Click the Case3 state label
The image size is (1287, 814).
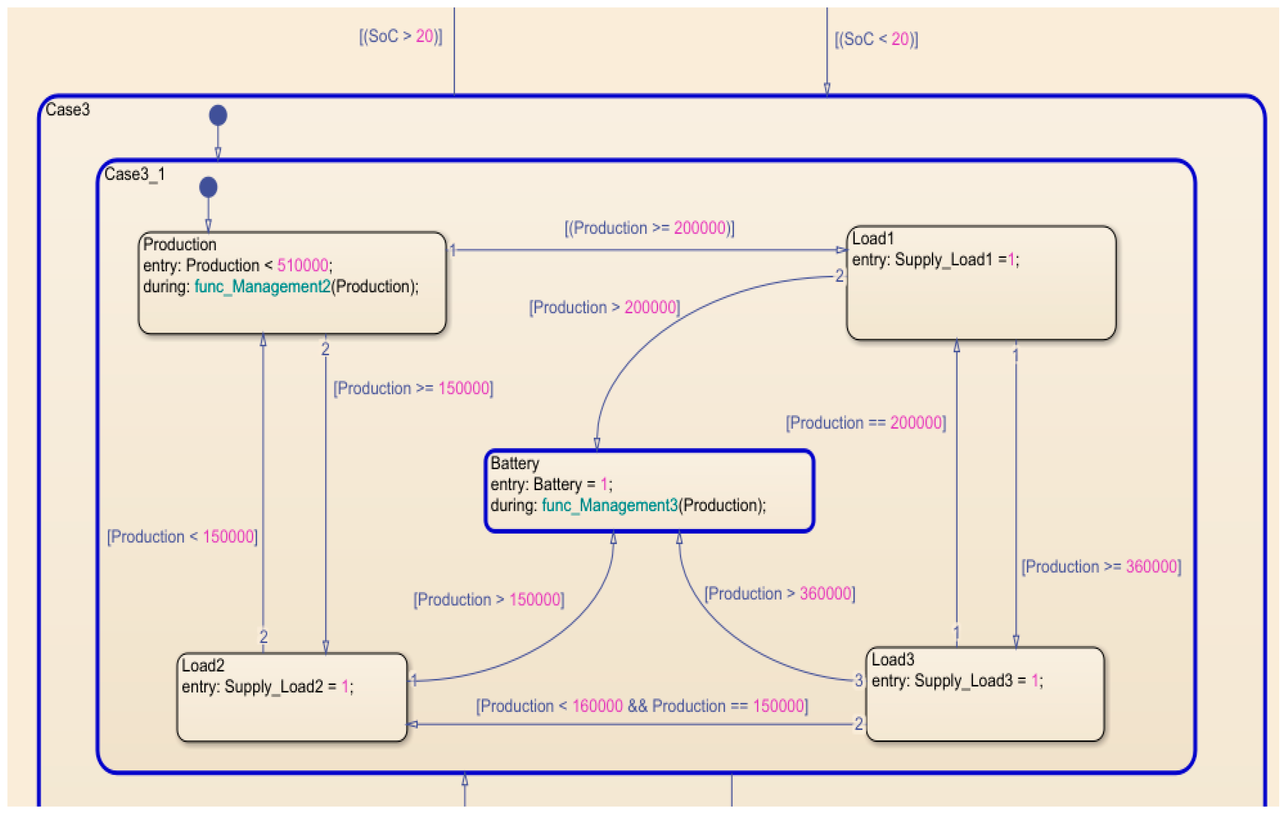coord(67,110)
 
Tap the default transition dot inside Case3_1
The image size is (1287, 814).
coord(208,187)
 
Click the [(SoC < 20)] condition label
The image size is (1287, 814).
coord(876,39)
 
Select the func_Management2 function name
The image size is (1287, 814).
coord(262,287)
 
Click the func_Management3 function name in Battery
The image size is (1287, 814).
coord(609,505)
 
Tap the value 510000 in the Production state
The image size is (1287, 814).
coord(302,265)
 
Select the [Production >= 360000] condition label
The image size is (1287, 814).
coord(1101,567)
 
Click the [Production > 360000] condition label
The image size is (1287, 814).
coord(779,594)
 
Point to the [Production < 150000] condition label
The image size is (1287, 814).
coord(182,537)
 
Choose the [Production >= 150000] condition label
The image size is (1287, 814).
coord(413,388)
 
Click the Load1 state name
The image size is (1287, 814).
coord(872,239)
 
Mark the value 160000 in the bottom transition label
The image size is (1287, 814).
coord(597,706)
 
